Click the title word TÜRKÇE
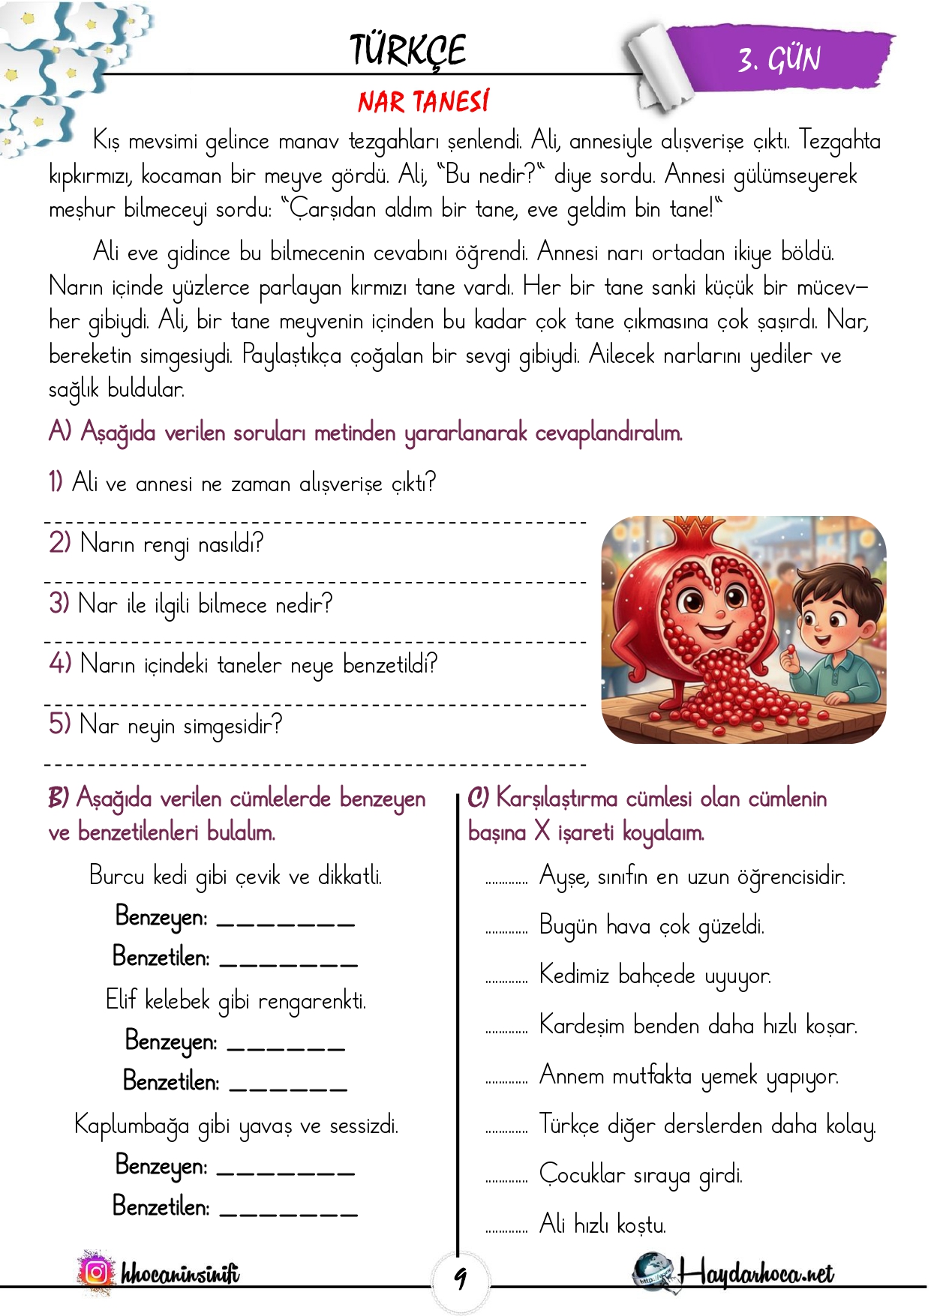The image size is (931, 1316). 407,51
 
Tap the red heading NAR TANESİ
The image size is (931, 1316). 423,101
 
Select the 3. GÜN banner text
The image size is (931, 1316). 779,59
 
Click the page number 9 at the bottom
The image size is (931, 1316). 460,1277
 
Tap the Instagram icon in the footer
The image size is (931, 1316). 96,1272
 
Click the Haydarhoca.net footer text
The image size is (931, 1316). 755,1273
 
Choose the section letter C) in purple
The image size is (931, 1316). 478,798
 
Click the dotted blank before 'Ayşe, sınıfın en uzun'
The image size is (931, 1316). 506,882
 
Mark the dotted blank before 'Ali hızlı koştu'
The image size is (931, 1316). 506,1231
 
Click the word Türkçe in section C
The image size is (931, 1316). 569,1125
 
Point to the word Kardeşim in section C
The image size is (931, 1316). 581,1025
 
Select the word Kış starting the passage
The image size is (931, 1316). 105,140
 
